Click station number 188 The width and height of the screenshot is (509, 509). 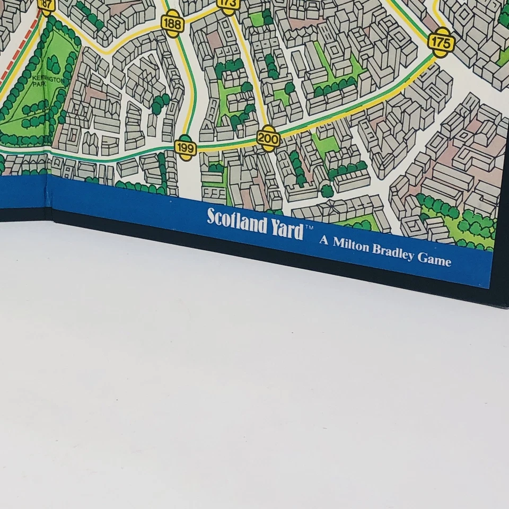(x=172, y=25)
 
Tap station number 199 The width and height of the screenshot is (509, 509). (x=185, y=147)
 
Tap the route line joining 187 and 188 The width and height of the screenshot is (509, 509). (x=106, y=42)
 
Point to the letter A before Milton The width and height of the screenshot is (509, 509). (x=323, y=240)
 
